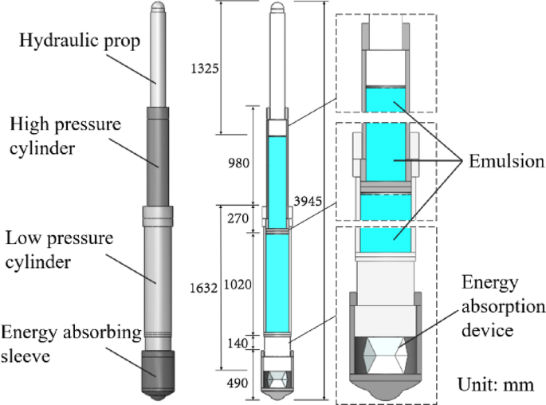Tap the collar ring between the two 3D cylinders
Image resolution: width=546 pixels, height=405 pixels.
(x=157, y=214)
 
